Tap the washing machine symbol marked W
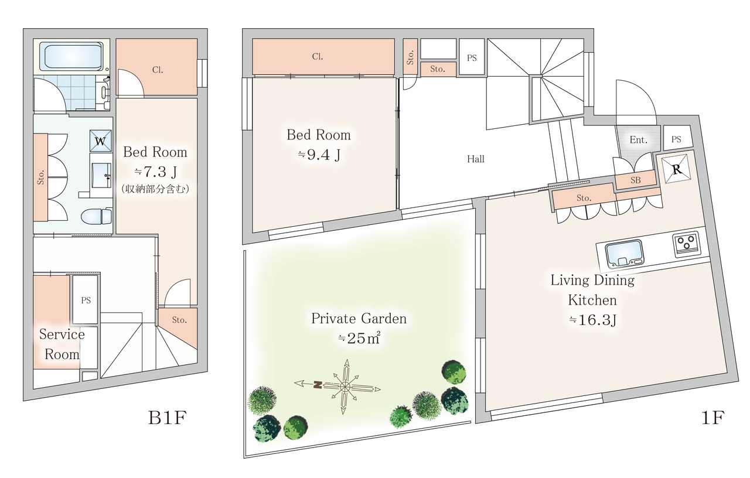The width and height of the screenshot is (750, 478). tap(100, 141)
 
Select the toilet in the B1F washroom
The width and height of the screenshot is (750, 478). tap(97, 216)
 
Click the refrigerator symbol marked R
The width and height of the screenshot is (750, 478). tap(676, 169)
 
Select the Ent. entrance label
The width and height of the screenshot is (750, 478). tap(638, 139)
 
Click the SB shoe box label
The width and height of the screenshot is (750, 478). tap(636, 180)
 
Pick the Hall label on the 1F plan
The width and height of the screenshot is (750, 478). tap(475, 159)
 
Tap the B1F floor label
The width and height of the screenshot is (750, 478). tap(167, 418)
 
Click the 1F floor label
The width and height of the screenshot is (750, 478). tap(712, 418)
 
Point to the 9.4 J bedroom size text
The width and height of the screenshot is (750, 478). tap(319, 155)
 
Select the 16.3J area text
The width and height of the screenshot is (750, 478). tap(592, 320)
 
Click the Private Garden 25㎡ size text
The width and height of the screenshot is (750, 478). tap(359, 338)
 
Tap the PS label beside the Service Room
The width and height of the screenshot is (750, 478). tap(86, 301)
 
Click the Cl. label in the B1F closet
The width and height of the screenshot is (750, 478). tap(158, 70)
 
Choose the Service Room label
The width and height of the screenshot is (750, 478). tap(62, 344)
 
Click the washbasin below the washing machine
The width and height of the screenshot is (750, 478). tap(101, 172)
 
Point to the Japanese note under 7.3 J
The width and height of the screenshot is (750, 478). tap(155, 189)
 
